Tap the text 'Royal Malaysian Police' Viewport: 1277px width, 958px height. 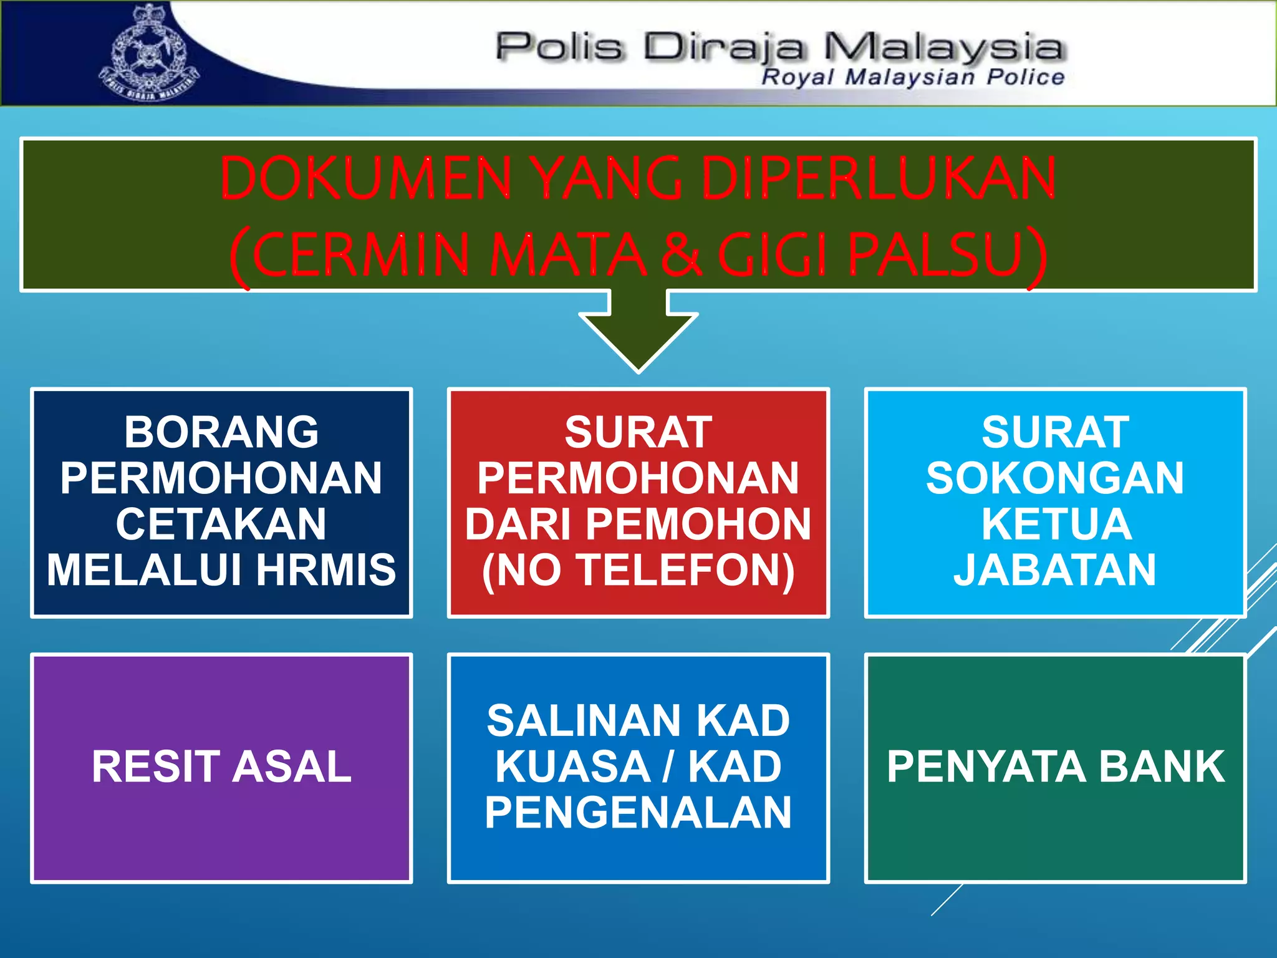click(913, 77)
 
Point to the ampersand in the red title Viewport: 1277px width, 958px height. click(681, 254)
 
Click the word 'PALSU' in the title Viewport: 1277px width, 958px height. click(935, 254)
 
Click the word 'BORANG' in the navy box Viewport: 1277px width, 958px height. click(221, 432)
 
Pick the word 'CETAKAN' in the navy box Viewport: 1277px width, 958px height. click(221, 524)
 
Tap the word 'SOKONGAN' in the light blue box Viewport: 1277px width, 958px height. click(1055, 478)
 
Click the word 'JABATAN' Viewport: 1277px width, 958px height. click(1055, 570)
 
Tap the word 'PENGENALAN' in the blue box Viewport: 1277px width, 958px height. click(638, 813)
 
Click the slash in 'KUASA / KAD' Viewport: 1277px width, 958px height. click(668, 767)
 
